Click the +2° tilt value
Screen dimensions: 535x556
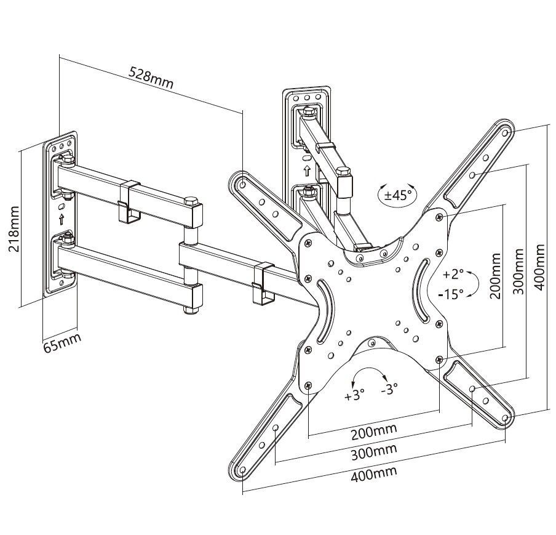453,273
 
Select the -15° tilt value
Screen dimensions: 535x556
451,294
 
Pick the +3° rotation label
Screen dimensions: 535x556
355,395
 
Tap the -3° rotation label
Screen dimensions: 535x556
389,389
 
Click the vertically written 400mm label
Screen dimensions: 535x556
539,267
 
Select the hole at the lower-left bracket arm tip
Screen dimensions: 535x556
243,471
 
